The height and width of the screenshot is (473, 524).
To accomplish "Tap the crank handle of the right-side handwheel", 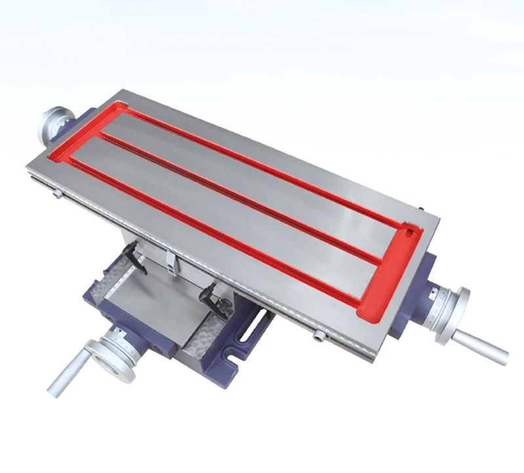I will tap(483, 346).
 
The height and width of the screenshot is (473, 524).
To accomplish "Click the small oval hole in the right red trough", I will tap(409, 232).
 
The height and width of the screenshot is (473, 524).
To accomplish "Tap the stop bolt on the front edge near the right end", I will tap(320, 335).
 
